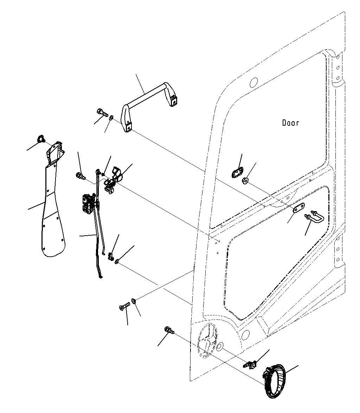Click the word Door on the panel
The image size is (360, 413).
290,123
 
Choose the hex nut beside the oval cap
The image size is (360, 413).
245,181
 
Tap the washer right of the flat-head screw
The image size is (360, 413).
134,300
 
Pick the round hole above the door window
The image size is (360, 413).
253,83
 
